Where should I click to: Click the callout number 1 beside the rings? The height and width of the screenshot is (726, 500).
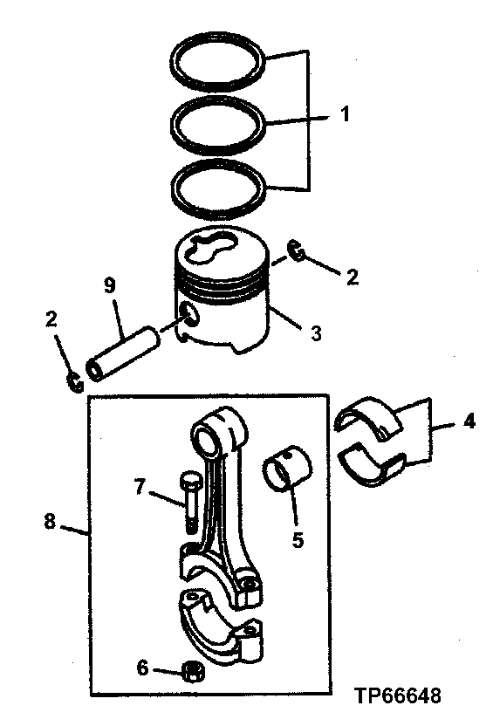(346, 114)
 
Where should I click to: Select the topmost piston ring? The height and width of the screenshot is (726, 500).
(219, 50)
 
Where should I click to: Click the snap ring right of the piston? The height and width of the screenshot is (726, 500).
(298, 252)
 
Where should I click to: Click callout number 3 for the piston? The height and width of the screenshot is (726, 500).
(317, 332)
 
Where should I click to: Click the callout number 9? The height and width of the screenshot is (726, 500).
(109, 284)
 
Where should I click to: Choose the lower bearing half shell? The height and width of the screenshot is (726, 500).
(373, 462)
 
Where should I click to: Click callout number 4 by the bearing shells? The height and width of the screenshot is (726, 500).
(469, 422)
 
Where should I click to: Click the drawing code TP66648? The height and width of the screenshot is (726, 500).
(397, 696)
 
